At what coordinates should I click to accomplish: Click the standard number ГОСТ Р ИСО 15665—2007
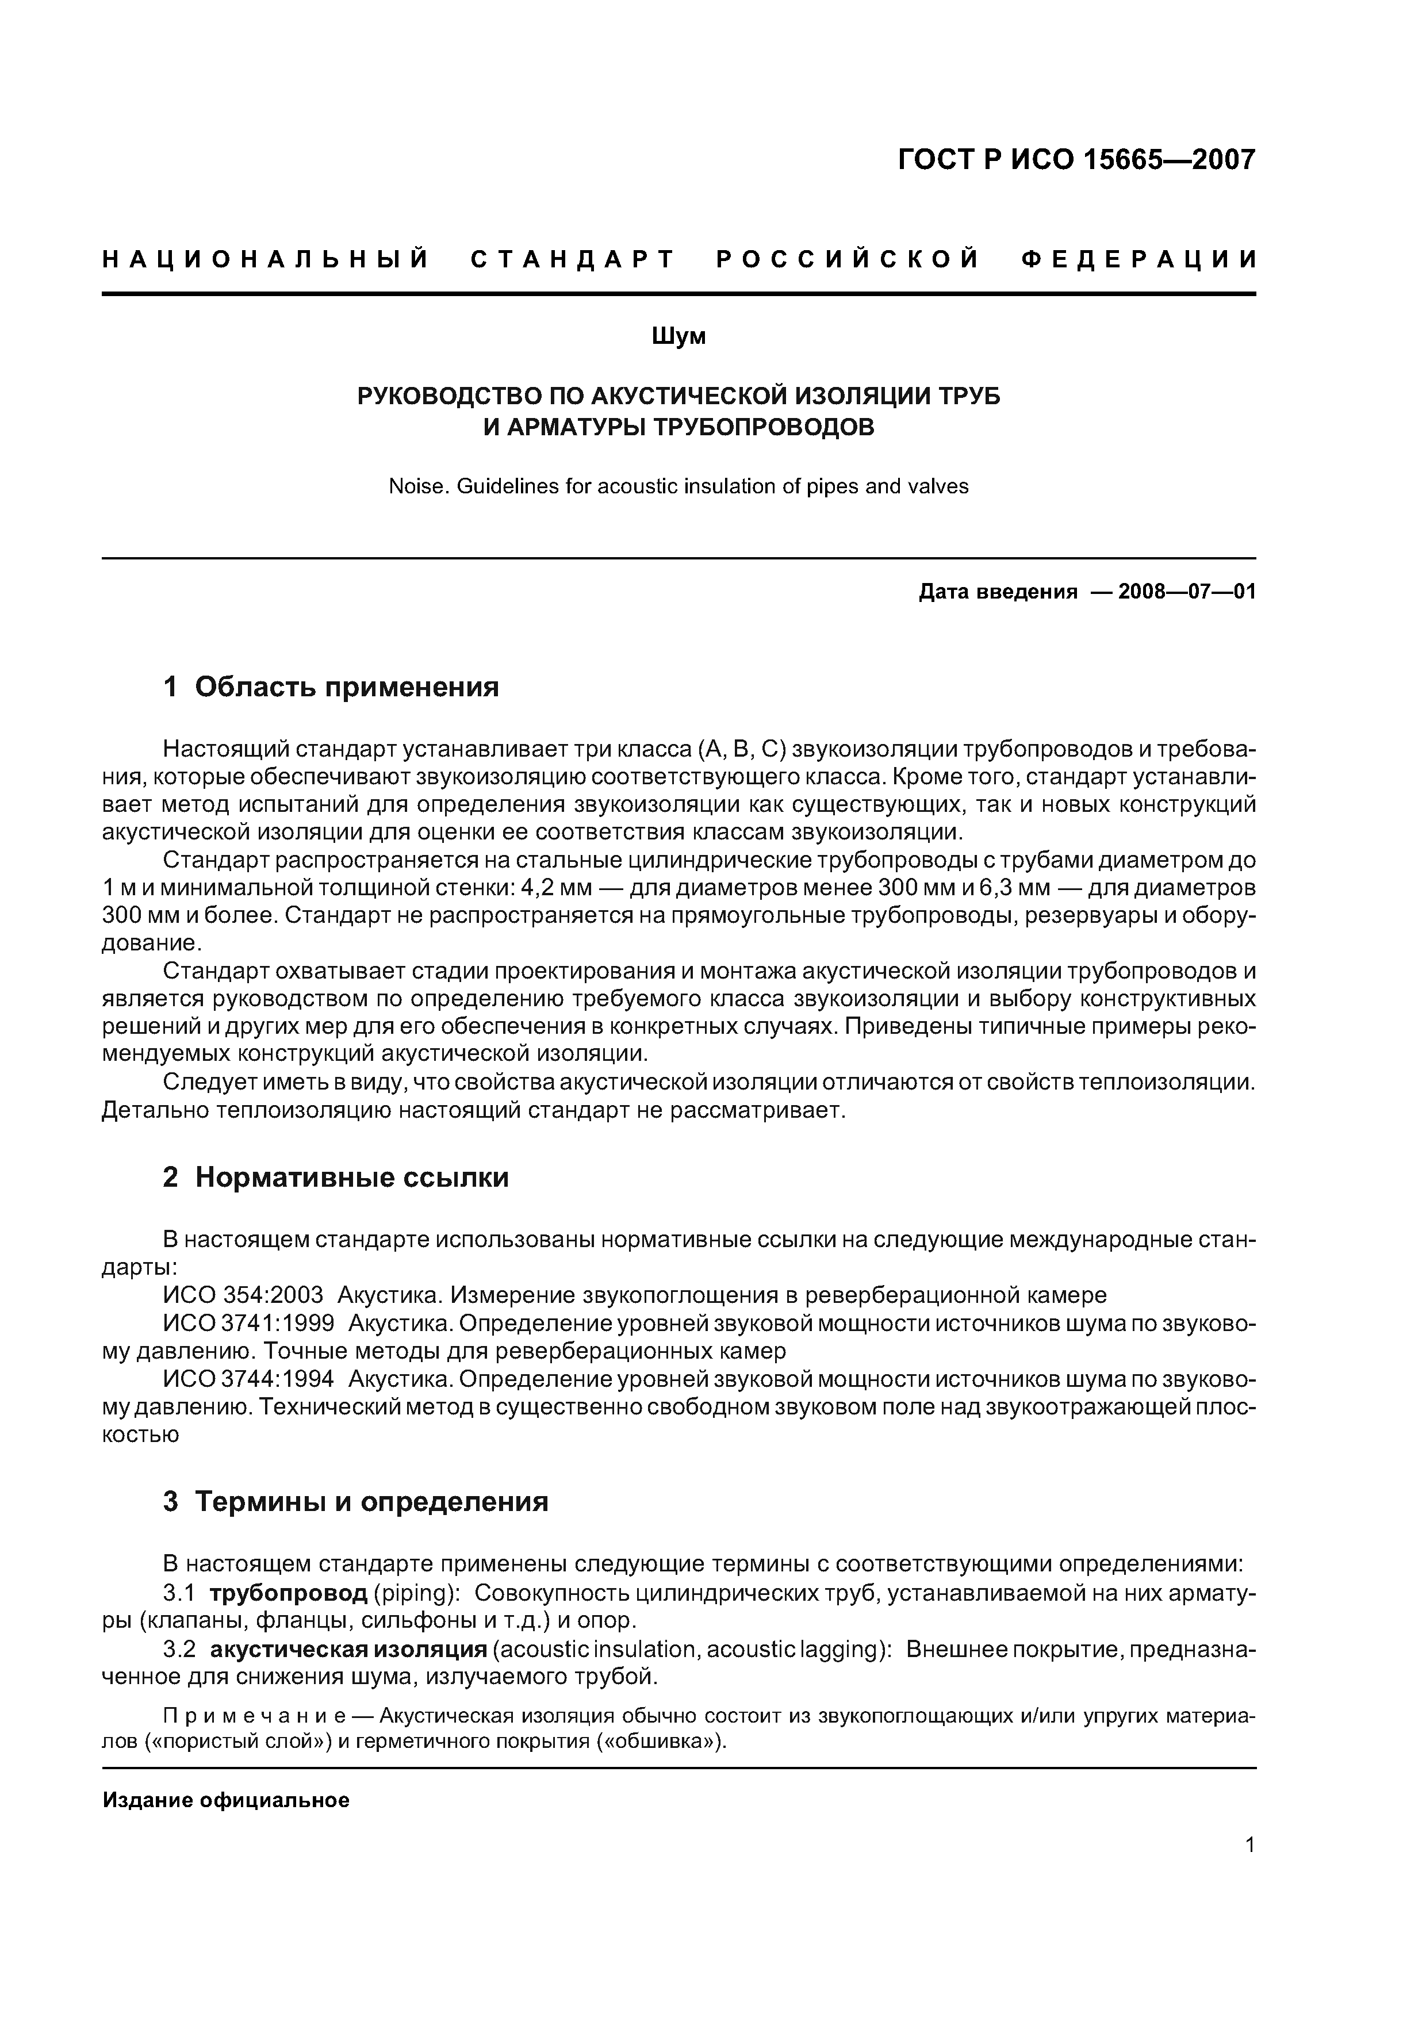(x=1076, y=160)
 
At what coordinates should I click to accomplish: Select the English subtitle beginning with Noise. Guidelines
(x=678, y=486)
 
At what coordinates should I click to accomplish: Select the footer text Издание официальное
(x=226, y=1801)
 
